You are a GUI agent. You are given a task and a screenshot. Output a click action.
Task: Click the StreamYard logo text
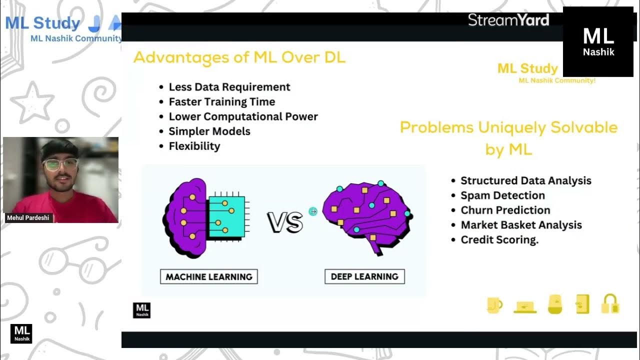pyautogui.click(x=508, y=20)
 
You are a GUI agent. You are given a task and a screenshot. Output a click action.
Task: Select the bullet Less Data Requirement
pyautogui.click(x=229, y=87)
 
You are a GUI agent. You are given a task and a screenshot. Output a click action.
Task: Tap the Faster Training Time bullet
pyautogui.click(x=221, y=102)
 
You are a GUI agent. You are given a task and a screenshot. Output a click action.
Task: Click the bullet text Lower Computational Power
pyautogui.click(x=243, y=116)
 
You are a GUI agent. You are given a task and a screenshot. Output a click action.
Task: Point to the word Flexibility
pyautogui.click(x=194, y=146)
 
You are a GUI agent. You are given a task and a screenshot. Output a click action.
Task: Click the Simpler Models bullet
pyautogui.click(x=209, y=131)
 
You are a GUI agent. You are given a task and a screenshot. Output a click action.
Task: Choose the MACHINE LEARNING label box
pyautogui.click(x=209, y=276)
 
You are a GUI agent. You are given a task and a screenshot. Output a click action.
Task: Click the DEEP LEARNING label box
pyautogui.click(x=364, y=276)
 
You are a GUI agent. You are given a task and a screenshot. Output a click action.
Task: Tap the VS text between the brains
pyautogui.click(x=285, y=222)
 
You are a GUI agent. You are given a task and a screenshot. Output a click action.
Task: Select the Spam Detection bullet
pyautogui.click(x=502, y=195)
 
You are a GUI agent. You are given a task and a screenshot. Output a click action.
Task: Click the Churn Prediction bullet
pyautogui.click(x=505, y=210)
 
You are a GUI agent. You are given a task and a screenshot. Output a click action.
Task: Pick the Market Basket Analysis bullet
pyautogui.click(x=521, y=225)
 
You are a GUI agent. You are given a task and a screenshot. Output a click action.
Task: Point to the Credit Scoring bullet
pyautogui.click(x=499, y=240)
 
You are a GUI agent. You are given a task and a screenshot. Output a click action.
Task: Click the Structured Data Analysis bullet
pyautogui.click(x=525, y=181)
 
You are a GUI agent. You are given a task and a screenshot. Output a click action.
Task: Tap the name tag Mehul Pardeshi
pyautogui.click(x=28, y=218)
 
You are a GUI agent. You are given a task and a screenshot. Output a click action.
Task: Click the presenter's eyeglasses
pyautogui.click(x=60, y=164)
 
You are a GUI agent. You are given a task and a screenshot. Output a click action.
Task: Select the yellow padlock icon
pyautogui.click(x=610, y=304)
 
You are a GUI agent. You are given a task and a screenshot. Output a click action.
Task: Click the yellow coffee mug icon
pyautogui.click(x=494, y=304)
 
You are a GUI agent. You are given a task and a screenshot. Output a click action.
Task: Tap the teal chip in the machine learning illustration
pyautogui.click(x=226, y=217)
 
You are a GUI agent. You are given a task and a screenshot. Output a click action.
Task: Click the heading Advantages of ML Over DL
pyautogui.click(x=239, y=57)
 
